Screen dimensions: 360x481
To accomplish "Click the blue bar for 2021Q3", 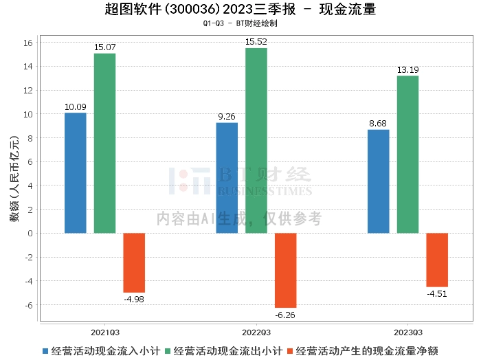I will [x=76, y=173].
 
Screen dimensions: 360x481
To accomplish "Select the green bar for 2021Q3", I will [x=104, y=144].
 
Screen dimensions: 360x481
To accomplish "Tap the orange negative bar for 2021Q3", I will [x=134, y=262].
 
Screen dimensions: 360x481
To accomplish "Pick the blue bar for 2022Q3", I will [x=227, y=178].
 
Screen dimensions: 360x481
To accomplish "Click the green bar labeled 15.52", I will [x=256, y=141].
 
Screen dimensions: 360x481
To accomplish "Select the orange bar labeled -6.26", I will [x=286, y=270].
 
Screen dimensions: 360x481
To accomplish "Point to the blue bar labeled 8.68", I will [x=378, y=181].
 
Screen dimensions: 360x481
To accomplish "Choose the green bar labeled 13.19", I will [x=407, y=155].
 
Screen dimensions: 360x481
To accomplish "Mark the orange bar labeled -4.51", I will [x=437, y=260].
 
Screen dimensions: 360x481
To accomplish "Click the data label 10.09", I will [x=76, y=106].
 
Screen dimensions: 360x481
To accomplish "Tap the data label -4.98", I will [x=134, y=299].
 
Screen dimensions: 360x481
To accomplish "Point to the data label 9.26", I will [x=227, y=117].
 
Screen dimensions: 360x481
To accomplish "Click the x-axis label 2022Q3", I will [x=256, y=330].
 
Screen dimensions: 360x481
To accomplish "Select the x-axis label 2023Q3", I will [x=407, y=330].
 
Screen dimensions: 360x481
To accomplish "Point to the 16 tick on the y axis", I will [x=29, y=43].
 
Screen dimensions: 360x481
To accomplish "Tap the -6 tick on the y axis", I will [x=29, y=305].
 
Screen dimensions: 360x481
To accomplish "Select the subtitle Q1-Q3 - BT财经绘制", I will [x=240, y=23].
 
